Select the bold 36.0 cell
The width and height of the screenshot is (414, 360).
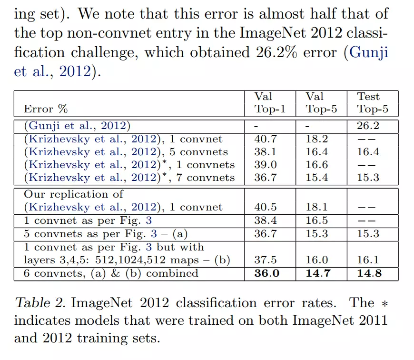(x=267, y=273)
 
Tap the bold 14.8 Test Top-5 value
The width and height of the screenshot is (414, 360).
(x=370, y=273)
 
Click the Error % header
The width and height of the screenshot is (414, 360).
(x=46, y=109)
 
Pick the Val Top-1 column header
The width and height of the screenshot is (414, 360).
(x=270, y=103)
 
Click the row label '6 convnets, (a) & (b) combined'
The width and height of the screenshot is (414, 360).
(x=111, y=273)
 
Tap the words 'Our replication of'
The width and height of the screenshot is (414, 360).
(x=73, y=194)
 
